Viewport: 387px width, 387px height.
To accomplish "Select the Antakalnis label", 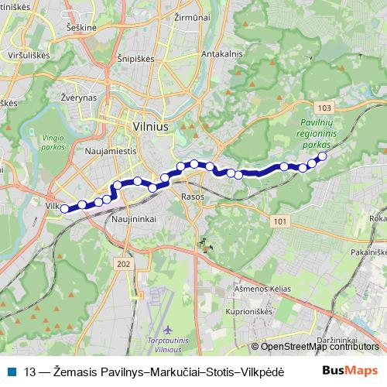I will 222,54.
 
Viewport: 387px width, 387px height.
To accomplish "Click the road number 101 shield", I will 279,221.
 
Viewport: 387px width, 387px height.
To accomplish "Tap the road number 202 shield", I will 123,265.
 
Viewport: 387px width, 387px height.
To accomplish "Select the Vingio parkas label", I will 49,139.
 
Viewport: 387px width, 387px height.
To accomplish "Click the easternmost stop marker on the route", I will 322,156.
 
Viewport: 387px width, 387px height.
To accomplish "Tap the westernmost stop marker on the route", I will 65,207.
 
